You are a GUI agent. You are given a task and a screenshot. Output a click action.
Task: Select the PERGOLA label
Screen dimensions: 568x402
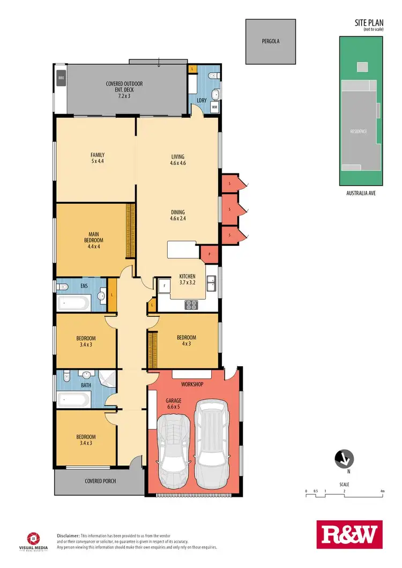tap(270, 41)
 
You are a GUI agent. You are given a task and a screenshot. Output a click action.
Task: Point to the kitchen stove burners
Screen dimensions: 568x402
tap(191, 305)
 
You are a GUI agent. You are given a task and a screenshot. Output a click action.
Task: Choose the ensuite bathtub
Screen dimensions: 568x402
tap(73, 304)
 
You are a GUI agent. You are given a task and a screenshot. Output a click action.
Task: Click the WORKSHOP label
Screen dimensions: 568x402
tap(192, 384)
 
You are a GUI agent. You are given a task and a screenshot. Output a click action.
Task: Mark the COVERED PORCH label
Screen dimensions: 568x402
tap(100, 481)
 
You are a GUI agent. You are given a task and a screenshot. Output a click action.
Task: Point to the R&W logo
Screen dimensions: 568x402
tap(347, 535)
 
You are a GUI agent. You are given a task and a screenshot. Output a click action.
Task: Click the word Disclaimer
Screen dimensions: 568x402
tap(68, 535)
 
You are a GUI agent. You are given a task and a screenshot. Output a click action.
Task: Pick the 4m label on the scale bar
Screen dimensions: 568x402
tap(382, 491)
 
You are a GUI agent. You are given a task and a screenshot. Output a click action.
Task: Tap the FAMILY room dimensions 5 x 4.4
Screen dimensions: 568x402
tap(98, 162)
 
